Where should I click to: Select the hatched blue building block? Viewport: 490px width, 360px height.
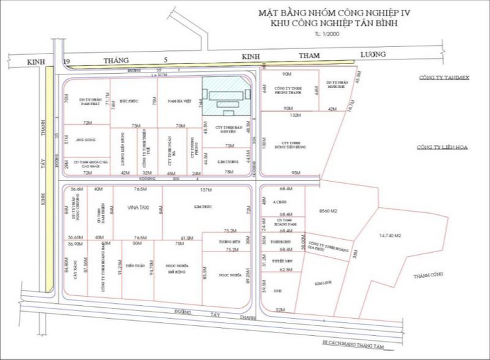(x=225, y=97)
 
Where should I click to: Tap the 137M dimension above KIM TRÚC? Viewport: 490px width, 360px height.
(x=206, y=189)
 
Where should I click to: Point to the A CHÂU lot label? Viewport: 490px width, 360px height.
(x=282, y=203)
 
